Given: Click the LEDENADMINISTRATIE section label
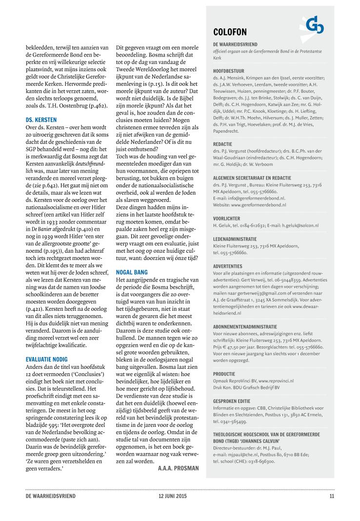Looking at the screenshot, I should click(235, 240).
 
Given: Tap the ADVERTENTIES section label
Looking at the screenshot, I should click(228, 266).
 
